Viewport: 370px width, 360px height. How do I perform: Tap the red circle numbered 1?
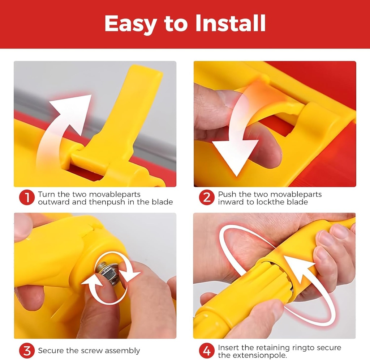[26, 198]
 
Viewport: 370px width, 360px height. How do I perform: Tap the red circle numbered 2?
[206, 198]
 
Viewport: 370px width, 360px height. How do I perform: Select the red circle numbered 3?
[26, 351]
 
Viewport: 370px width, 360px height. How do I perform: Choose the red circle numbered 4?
[206, 351]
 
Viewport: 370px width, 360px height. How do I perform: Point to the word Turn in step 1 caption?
[47, 194]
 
